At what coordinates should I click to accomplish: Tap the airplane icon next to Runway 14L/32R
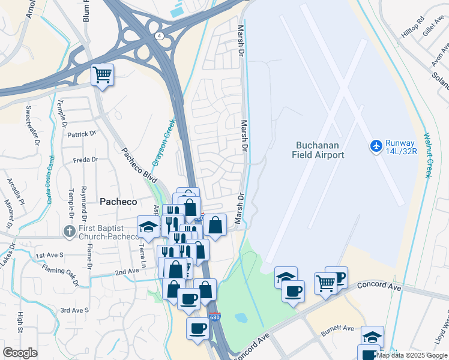click(x=376, y=146)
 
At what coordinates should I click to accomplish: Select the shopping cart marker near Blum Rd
click(x=103, y=76)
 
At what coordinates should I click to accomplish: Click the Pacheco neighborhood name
click(x=118, y=202)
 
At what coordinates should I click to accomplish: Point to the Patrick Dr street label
click(x=82, y=134)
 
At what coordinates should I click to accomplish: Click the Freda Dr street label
click(x=85, y=160)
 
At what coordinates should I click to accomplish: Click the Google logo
click(x=20, y=353)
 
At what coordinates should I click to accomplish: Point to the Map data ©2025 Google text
click(x=411, y=355)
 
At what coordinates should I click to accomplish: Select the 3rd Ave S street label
click(x=74, y=310)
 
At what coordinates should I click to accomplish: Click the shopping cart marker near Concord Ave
click(x=325, y=283)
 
